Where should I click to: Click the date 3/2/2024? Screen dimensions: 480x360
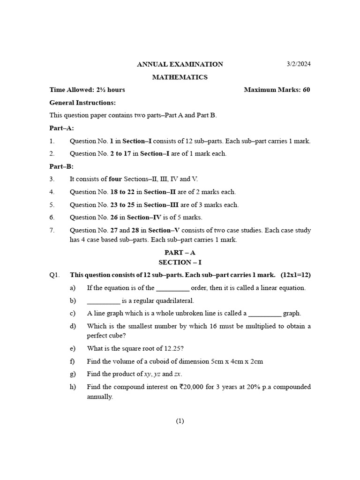point(299,64)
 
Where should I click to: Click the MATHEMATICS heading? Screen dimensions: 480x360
point(180,77)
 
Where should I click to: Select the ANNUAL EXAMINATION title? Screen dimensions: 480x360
point(180,64)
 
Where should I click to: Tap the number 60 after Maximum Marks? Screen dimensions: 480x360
point(306,90)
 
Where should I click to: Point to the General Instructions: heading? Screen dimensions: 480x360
point(82,103)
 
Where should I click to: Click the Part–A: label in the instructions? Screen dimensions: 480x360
point(61,128)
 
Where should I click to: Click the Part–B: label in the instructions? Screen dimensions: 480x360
point(61,166)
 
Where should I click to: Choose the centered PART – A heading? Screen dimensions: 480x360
point(180,253)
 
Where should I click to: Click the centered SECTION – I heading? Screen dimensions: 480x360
point(180,262)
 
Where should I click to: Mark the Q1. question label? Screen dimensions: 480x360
point(55,275)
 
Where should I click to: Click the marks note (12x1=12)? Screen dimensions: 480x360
point(296,275)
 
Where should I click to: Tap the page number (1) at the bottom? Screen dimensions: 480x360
point(180,421)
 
